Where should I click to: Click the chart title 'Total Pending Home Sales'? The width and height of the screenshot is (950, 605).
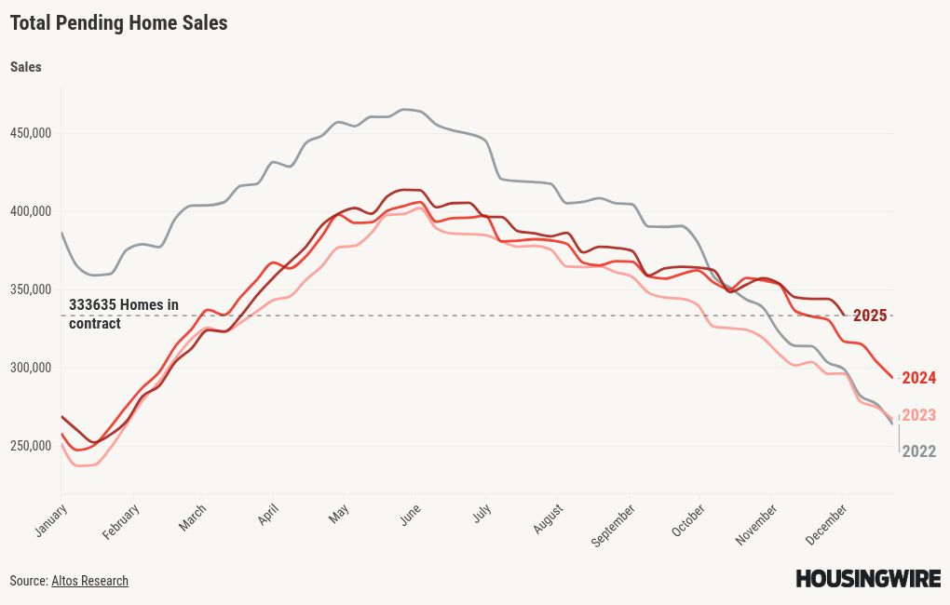coord(118,23)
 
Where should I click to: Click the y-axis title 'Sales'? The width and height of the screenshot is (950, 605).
coord(25,67)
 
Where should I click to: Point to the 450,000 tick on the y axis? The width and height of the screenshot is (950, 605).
coord(32,133)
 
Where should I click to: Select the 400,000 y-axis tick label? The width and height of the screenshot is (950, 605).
coord(32,211)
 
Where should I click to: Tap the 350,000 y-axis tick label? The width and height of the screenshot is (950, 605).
coord(32,289)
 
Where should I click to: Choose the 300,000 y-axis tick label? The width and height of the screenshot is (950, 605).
coord(32,368)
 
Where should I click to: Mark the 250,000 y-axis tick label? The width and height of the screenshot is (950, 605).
coord(32,446)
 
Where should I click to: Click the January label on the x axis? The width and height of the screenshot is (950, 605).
coord(52,519)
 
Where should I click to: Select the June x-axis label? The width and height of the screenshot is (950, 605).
coord(410,514)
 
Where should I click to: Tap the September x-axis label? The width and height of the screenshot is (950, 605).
coord(615,524)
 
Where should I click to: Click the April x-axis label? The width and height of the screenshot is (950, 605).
coord(268,515)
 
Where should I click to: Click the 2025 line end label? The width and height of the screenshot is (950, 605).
coord(870,316)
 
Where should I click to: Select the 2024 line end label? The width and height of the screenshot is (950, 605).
coord(918,378)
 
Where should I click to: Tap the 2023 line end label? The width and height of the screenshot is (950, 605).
coord(918,415)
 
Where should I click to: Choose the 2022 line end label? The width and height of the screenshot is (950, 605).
coord(918,451)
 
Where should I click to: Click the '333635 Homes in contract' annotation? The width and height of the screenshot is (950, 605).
coord(123,314)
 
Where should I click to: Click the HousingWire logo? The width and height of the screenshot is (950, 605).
coord(867,579)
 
